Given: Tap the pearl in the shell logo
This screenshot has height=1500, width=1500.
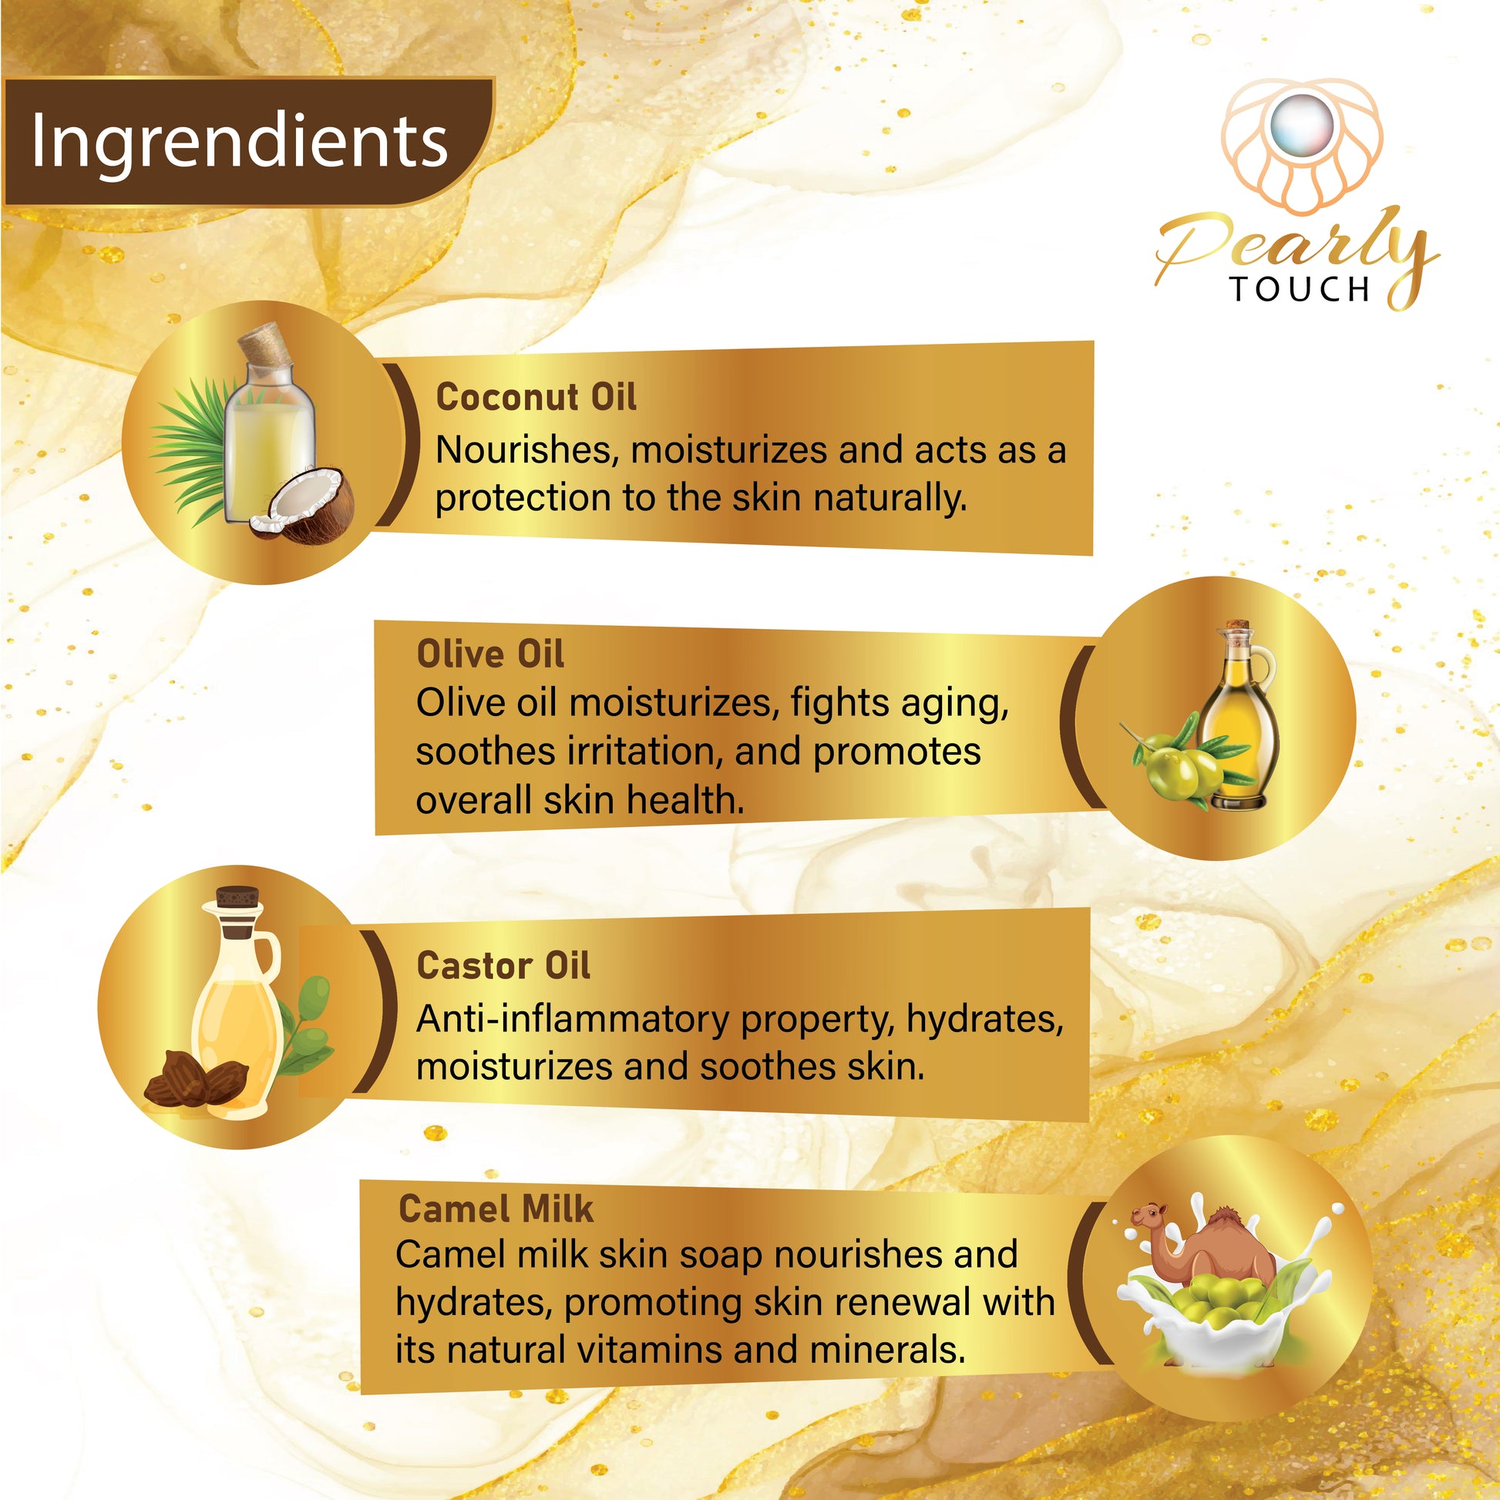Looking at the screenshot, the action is point(1302,128).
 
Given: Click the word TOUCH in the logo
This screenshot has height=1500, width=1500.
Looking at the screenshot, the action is point(1300,289).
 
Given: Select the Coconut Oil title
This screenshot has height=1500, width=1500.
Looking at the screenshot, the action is point(536,397).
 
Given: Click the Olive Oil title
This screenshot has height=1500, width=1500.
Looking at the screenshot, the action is point(490,653).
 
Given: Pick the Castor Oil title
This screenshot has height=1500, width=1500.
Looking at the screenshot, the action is point(503,966).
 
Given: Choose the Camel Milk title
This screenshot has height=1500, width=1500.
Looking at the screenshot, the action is point(496,1209).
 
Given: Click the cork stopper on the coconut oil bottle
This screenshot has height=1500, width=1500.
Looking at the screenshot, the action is point(264,346).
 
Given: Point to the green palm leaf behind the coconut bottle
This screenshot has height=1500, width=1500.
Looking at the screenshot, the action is point(190,450).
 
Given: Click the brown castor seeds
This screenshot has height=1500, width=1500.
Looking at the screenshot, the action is point(197,1078).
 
